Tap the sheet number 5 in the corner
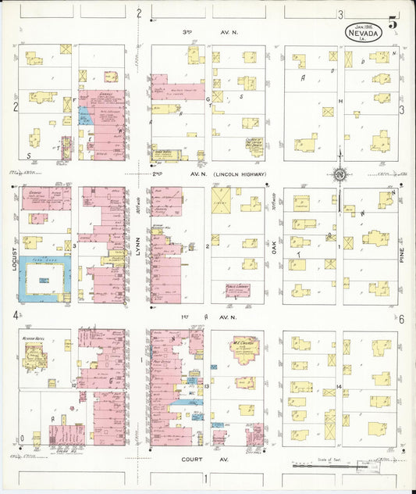coord(393,22)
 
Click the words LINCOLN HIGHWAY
coord(240,174)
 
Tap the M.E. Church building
coord(244,348)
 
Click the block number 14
coord(340,387)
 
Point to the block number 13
coord(207,387)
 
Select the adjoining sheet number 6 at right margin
coord(401,319)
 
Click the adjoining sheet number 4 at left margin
coord(14,315)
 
